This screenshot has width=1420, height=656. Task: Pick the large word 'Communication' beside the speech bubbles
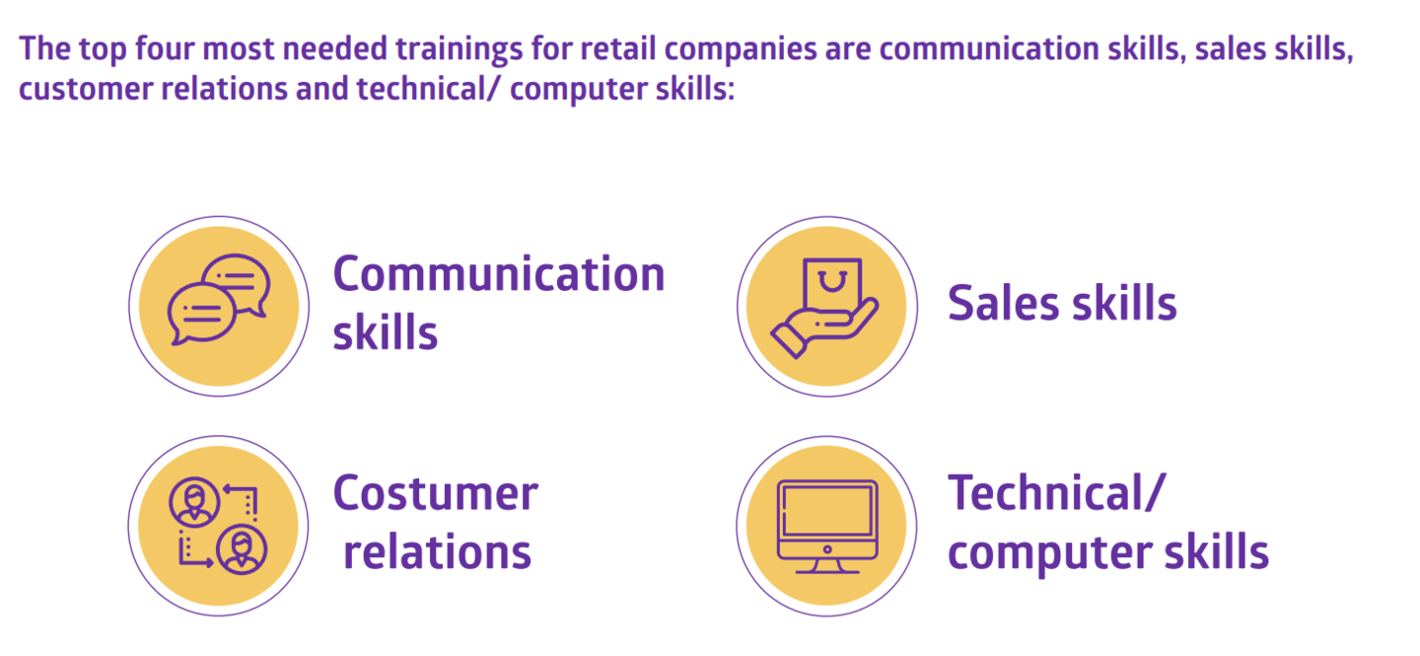pos(499,274)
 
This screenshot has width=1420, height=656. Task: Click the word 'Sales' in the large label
pos(1003,303)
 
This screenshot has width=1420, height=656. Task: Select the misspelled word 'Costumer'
pos(436,493)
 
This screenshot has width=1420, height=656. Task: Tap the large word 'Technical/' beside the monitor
pos(1057,493)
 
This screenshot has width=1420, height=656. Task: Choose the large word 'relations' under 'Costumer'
pos(438,552)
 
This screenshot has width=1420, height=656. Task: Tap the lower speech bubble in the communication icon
pos(201,314)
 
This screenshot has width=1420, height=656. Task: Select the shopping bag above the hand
pos(831,284)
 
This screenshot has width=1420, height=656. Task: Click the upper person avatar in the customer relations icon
pos(194,502)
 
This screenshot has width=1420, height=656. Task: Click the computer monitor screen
pos(827,511)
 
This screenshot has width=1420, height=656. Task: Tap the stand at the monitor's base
pos(827,566)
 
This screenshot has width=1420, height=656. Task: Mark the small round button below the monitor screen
pos(827,548)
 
